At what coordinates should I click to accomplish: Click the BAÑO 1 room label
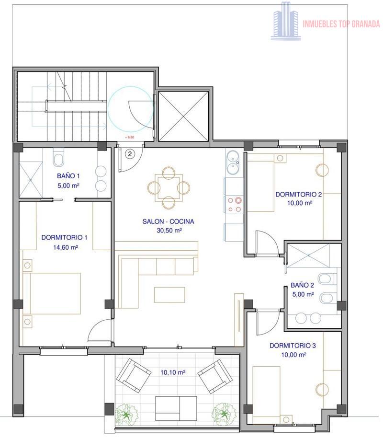68,176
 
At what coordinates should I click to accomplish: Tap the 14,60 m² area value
65,247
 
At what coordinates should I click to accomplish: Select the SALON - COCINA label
168,221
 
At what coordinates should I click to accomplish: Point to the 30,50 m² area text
169,231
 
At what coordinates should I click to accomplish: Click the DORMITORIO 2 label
299,194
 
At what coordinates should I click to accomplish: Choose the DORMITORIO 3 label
293,346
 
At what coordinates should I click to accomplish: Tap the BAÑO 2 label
302,285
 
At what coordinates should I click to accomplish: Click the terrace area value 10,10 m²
173,372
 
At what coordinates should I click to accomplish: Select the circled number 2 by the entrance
130,154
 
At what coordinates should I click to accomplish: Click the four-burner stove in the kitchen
234,204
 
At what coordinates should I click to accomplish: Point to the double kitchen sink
233,162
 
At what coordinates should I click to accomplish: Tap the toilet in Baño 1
58,158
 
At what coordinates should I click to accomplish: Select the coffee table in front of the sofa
169,294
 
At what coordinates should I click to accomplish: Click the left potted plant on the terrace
127,414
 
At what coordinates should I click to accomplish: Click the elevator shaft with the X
184,116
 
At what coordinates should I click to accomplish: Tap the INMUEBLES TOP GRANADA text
341,24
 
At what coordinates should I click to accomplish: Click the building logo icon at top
286,21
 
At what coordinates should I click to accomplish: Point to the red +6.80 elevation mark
130,137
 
